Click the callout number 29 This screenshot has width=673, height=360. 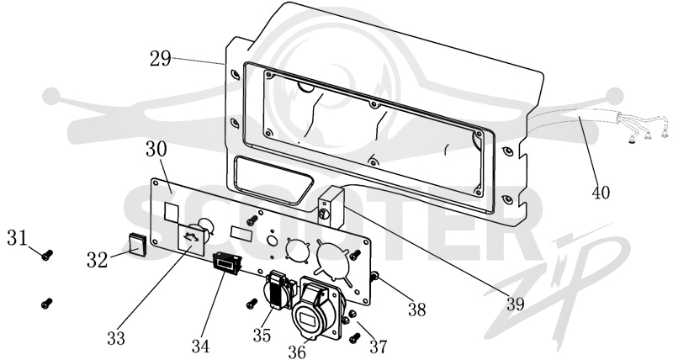point(161,59)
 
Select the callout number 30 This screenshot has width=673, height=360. point(156,149)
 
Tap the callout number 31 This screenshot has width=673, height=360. point(17,237)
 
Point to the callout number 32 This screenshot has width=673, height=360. point(98,260)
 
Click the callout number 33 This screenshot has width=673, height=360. point(116,337)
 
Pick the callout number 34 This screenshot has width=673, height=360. point(201,345)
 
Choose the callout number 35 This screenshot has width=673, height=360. point(262,335)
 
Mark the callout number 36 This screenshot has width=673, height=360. point(298,352)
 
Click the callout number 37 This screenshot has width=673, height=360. point(378,347)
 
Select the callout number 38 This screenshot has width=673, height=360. point(416,309)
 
